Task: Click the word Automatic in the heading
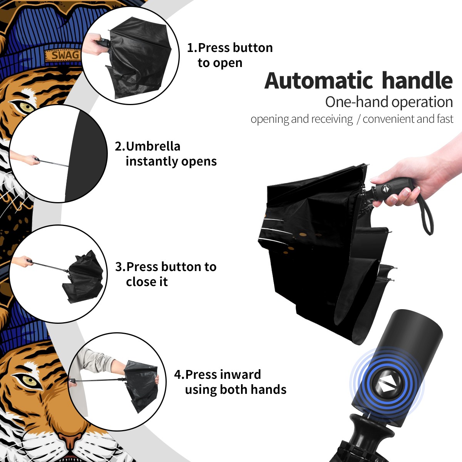[x=319, y=80]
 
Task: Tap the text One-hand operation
[x=389, y=102]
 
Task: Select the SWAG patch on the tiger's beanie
[x=63, y=55]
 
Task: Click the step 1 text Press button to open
[x=230, y=55]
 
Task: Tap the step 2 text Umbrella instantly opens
[x=166, y=154]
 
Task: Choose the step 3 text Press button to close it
[x=166, y=274]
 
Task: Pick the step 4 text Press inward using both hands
[x=230, y=382]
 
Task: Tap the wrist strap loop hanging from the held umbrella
[x=425, y=214]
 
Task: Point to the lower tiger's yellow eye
[x=29, y=380]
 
